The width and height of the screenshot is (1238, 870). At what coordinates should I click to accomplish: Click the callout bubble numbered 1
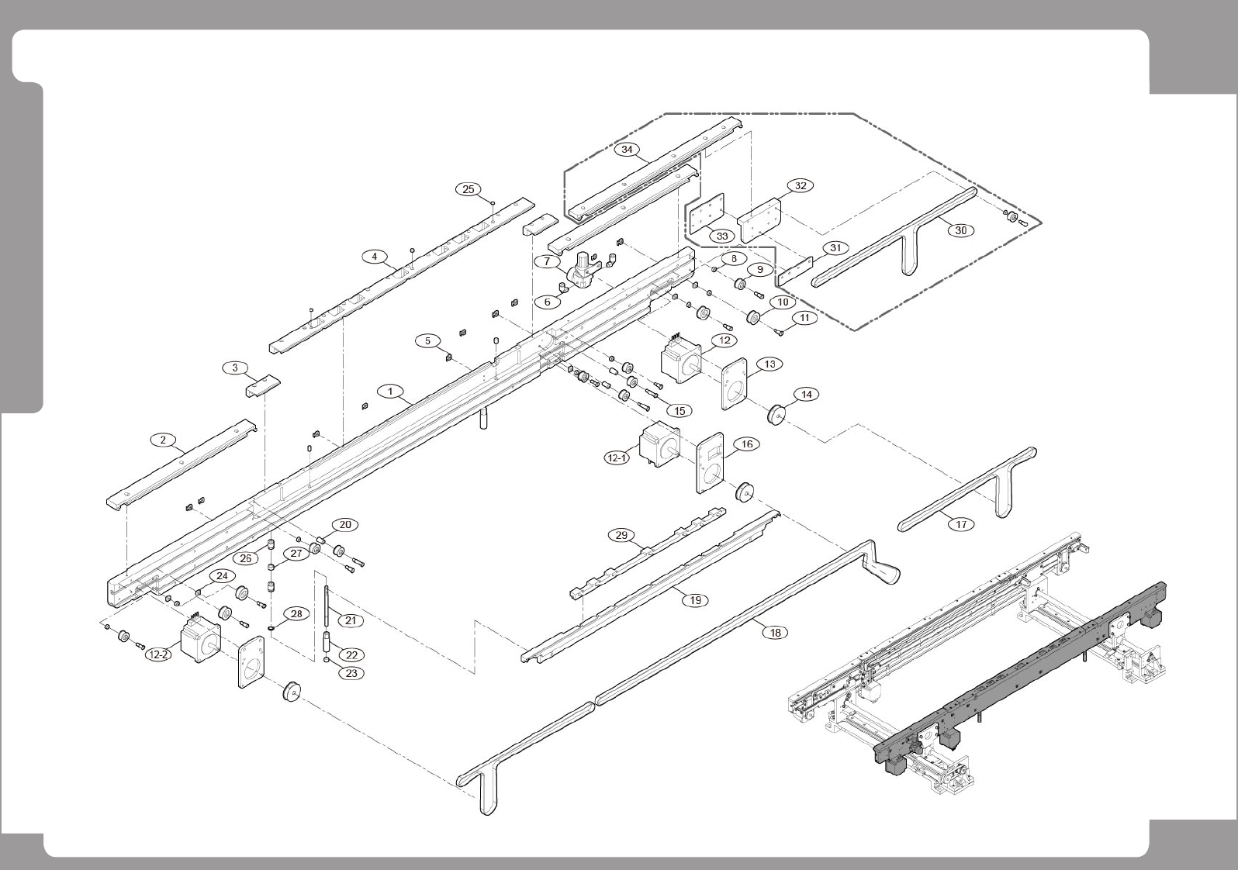391,392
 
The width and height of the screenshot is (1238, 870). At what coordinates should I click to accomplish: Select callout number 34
628,150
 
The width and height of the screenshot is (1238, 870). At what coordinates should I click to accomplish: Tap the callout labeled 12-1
617,458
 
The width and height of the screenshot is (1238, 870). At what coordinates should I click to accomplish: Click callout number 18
775,632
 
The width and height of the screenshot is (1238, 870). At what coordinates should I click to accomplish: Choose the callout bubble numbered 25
468,189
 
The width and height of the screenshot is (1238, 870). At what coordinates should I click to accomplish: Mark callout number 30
960,230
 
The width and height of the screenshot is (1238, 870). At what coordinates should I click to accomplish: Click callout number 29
621,535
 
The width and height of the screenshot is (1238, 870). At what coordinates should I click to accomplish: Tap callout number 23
351,673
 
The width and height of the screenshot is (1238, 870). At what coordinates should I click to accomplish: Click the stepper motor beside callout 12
681,357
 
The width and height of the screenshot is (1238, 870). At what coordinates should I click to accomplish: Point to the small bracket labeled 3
263,385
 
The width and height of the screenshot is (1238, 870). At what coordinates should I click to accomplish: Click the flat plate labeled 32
759,221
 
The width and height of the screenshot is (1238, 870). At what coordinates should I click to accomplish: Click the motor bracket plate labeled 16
710,463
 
